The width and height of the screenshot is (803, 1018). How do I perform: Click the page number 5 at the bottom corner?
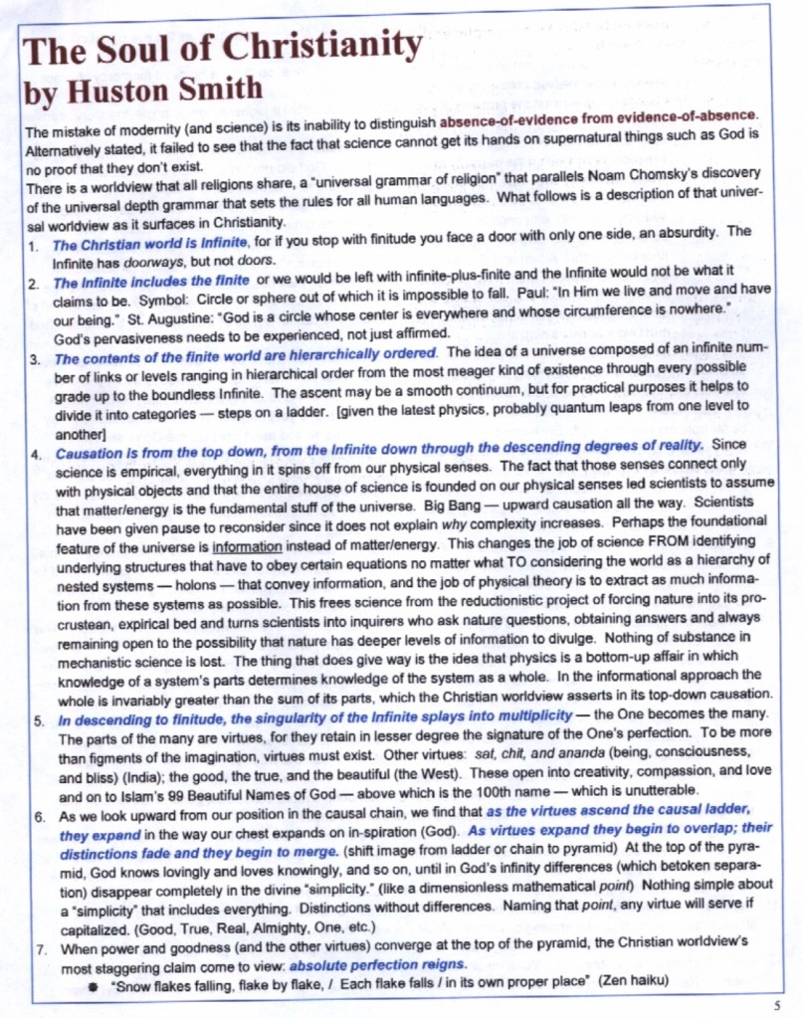[776, 1004]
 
